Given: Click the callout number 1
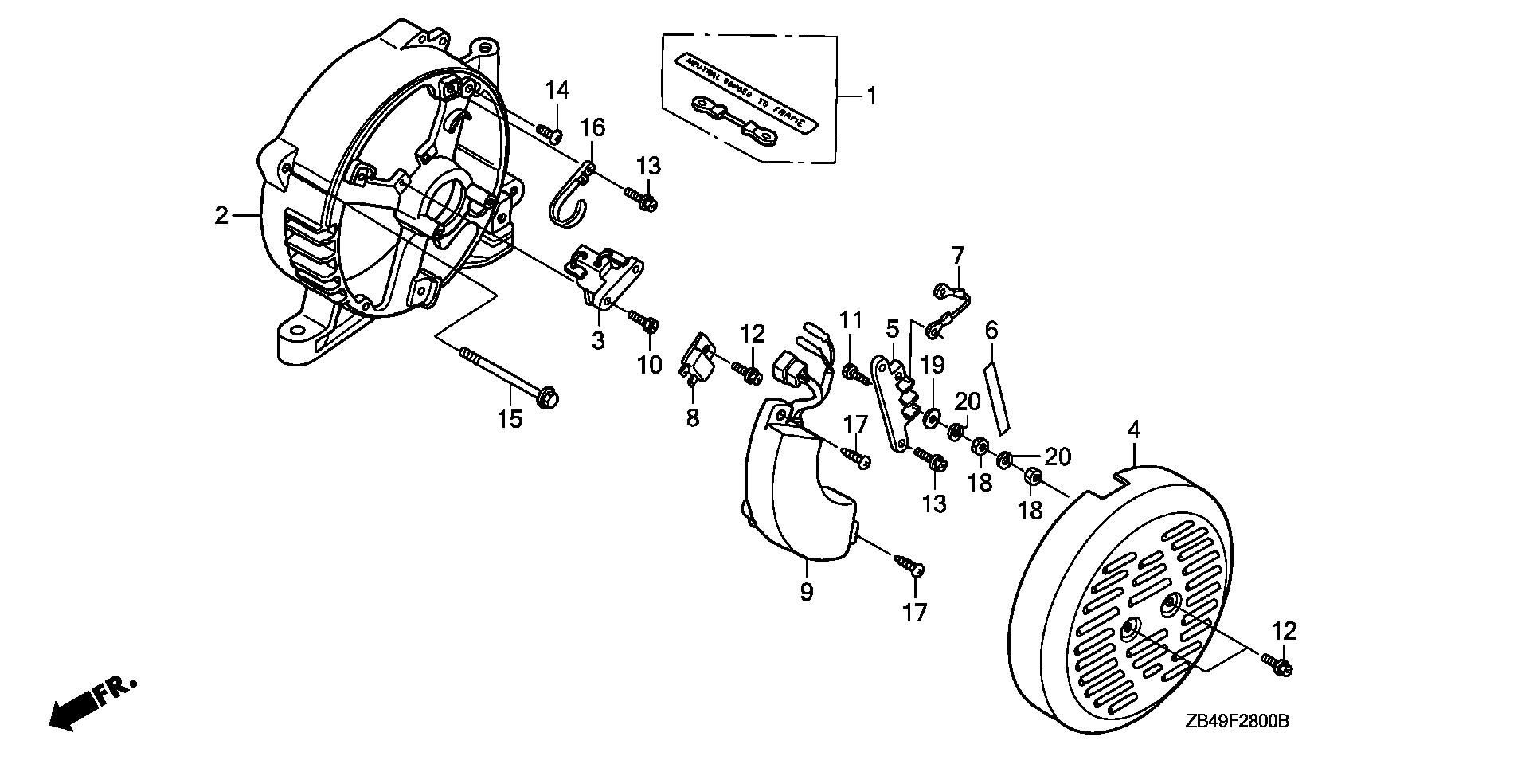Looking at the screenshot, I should click(x=871, y=96).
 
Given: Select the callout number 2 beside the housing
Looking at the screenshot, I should click(x=221, y=215).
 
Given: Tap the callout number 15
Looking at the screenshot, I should click(x=510, y=418).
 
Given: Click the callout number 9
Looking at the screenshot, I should click(x=806, y=592).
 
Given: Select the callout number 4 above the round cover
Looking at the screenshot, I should click(x=1133, y=430).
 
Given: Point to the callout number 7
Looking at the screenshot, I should click(x=957, y=256).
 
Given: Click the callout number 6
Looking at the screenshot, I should click(x=991, y=330).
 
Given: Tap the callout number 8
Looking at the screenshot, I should click(x=692, y=417).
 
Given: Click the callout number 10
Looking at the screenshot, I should click(x=649, y=365).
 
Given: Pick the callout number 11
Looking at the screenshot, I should click(x=851, y=320).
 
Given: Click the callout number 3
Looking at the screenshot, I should click(x=598, y=340).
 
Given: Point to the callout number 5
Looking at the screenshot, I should click(x=892, y=328).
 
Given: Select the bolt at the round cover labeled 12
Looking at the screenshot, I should click(x=1277, y=664).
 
